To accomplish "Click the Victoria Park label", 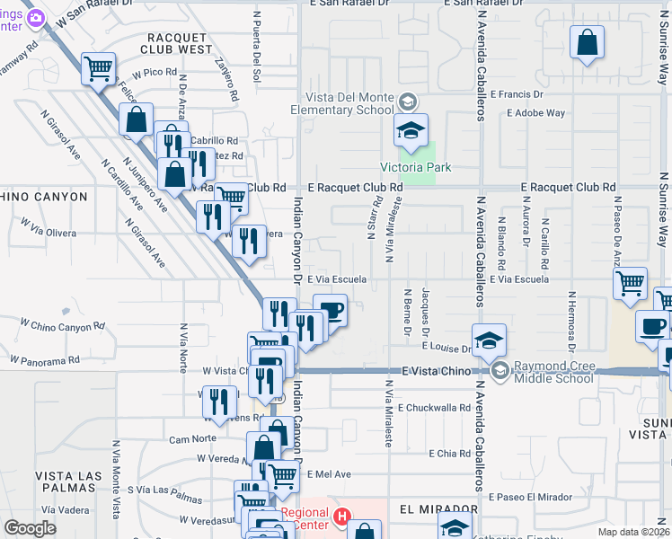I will tap(415, 167).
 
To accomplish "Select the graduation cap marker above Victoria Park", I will tap(411, 131).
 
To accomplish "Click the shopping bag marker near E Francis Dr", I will tap(587, 43).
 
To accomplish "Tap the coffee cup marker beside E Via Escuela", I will tap(330, 312).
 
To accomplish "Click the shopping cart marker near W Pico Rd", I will tap(98, 67).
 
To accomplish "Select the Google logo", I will tap(30, 528).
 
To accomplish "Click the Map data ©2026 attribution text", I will tap(633, 532).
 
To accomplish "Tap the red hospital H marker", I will tap(341, 517).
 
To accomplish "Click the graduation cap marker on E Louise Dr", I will tap(489, 340).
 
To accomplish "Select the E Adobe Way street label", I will tap(535, 113).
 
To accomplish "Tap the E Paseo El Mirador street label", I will tap(530, 497).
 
